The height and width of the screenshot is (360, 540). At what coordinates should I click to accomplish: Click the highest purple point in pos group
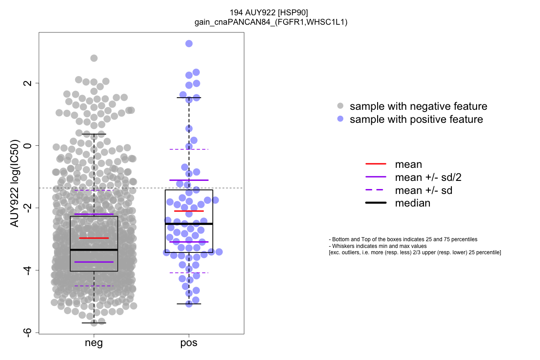189,44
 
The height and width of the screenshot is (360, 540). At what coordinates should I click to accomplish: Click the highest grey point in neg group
94,58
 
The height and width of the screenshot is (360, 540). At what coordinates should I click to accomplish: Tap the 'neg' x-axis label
94,343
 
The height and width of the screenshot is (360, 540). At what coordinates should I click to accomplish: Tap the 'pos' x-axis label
189,343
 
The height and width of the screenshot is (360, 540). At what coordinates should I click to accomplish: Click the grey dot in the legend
340,106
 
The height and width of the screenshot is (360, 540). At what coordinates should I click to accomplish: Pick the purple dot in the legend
340,119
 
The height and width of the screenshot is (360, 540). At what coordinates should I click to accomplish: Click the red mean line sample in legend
376,164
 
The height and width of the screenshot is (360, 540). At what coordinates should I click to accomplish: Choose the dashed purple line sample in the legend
376,190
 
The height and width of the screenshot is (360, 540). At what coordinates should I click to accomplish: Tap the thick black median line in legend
376,203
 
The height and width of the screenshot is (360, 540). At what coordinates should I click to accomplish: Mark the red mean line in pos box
189,211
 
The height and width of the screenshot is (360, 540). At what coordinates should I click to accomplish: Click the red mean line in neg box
94,238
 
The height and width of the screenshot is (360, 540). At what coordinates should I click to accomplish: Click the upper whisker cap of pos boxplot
189,98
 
